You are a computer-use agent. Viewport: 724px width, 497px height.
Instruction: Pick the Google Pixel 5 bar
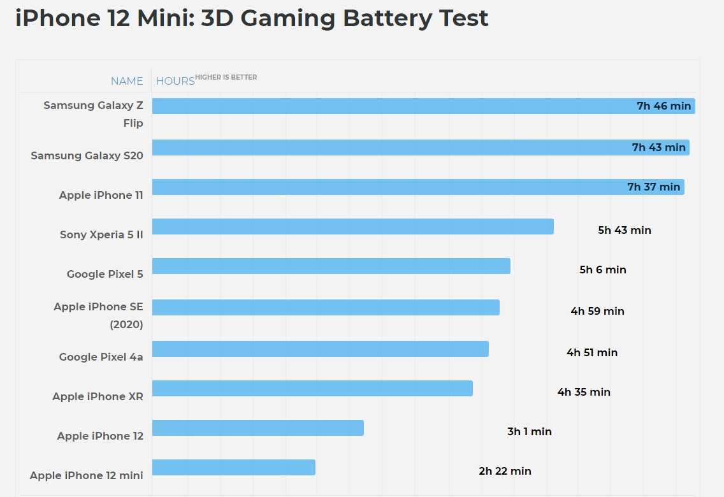point(331,266)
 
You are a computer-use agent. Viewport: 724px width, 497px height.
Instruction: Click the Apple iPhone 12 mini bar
point(233,468)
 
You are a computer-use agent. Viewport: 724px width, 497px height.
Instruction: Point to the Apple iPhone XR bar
point(312,389)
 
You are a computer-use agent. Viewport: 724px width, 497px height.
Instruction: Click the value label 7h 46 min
point(663,106)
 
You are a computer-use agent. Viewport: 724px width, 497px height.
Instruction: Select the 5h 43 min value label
point(624,231)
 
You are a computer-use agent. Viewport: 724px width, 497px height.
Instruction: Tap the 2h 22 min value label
point(505,472)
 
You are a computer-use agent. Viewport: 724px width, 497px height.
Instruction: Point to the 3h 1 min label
point(529,432)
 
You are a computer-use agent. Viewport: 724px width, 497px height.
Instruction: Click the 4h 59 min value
point(597,312)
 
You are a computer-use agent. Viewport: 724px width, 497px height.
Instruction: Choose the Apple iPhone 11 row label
point(101,196)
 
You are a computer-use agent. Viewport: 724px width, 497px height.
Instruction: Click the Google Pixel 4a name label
point(101,357)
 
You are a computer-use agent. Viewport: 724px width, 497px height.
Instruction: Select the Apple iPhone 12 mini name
point(86,476)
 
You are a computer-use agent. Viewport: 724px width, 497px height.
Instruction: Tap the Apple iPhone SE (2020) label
point(98,315)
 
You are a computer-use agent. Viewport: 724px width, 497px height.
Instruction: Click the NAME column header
point(127,81)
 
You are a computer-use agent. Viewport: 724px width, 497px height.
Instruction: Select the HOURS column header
point(175,81)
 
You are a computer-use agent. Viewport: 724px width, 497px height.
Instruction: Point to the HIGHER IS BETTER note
point(226,78)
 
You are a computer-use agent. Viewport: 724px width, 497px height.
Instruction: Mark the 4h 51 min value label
point(591,353)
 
